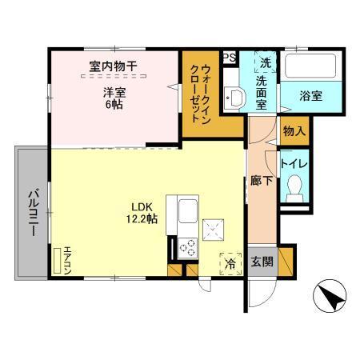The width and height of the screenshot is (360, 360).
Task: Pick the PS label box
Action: click(x=229, y=57)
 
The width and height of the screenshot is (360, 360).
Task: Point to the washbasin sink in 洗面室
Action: click(x=235, y=97)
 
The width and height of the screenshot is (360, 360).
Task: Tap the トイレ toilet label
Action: click(x=292, y=166)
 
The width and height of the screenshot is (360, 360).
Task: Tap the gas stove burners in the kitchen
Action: click(x=186, y=246)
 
